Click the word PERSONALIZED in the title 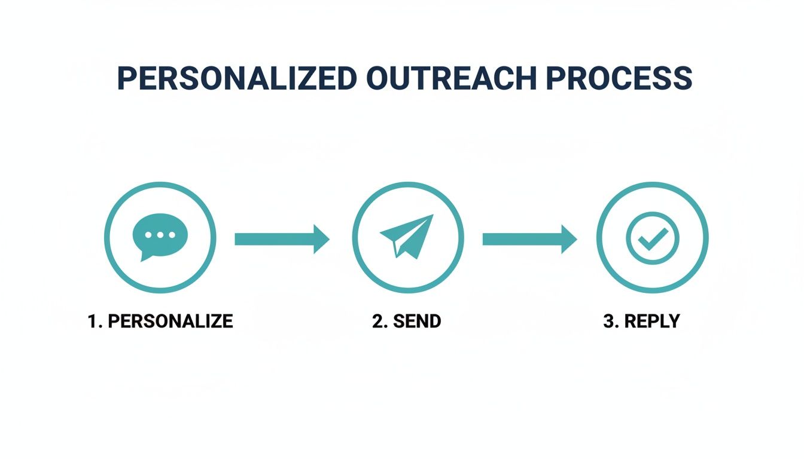(237, 78)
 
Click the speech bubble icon (160, 236)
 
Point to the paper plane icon (407, 237)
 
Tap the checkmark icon (653, 238)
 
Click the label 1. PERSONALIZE (160, 321)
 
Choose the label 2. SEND (406, 321)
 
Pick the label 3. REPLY (642, 321)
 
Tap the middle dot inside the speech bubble (160, 235)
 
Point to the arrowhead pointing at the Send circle (321, 239)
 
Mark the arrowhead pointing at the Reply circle (569, 239)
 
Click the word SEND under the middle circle (417, 321)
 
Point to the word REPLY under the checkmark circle (652, 321)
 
